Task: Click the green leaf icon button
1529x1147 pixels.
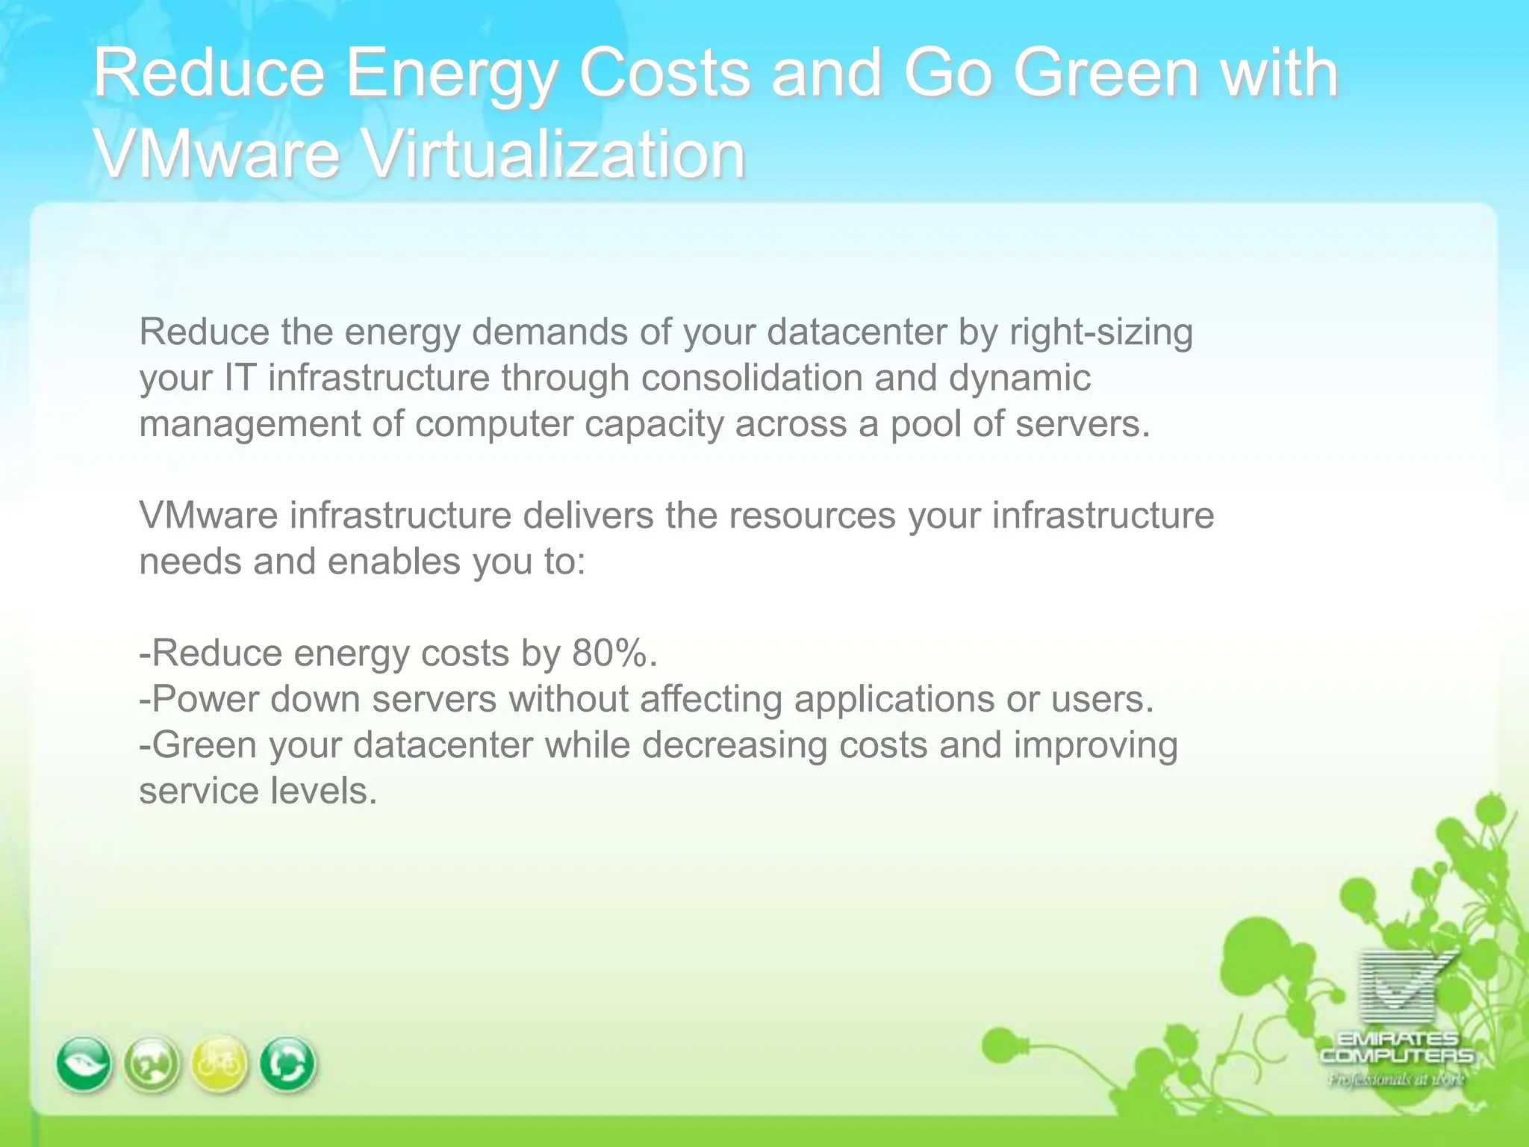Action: coord(84,1063)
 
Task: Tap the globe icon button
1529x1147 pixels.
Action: coord(152,1064)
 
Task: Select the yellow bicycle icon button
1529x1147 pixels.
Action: coord(219,1063)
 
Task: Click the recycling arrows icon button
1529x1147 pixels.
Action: coord(287,1064)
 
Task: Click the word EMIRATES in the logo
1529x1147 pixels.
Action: coord(1397,1039)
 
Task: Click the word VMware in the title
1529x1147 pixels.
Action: coord(217,154)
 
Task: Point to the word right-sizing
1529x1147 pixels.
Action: coord(1100,332)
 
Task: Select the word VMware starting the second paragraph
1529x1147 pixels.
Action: coord(208,515)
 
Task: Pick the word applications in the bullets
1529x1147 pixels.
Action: coord(894,699)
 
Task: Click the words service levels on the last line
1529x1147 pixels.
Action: coord(258,791)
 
